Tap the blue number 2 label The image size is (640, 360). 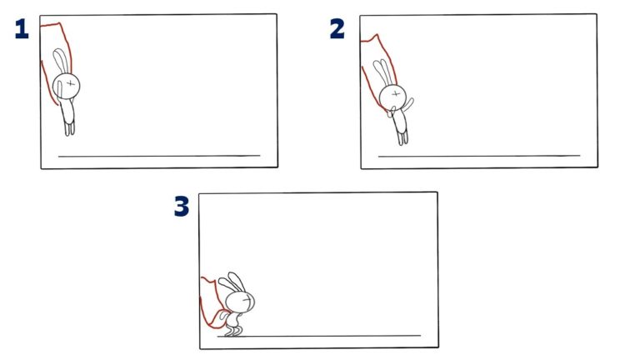coord(337,29)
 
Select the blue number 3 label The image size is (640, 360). coord(182,207)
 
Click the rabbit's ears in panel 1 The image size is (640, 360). coord(60,62)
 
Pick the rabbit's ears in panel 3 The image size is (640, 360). coord(232,282)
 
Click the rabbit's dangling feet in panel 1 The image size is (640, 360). coord(69,127)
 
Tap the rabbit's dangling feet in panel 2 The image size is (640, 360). coord(403,137)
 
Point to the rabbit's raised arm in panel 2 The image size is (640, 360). coord(409,104)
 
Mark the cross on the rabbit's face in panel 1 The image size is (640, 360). coord(72,83)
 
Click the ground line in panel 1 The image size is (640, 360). coord(158,156)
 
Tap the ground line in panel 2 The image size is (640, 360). coord(479,156)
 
